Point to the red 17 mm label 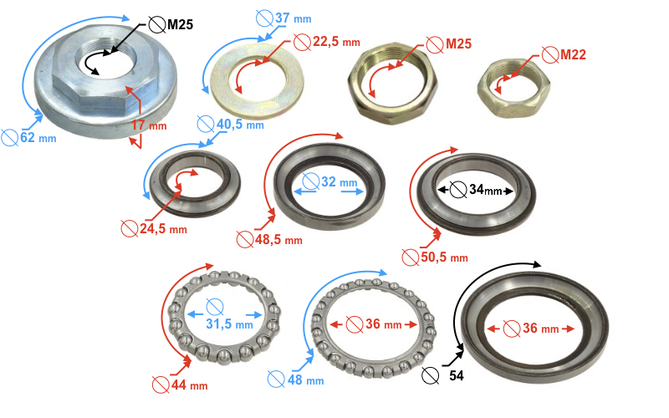(x=149, y=125)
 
